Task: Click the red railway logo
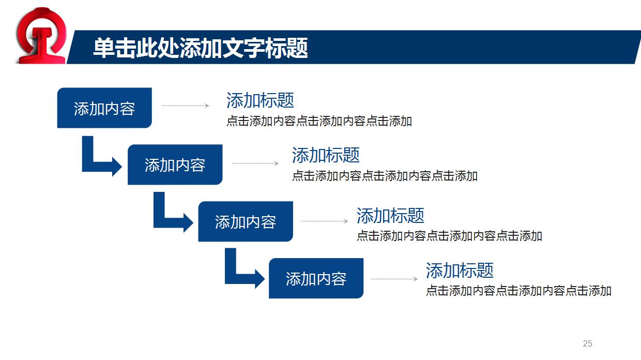pos(42,35)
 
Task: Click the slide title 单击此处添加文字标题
pos(201,48)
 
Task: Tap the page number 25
pos(587,343)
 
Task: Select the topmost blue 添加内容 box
pos(104,108)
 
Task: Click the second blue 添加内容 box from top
pos(175,165)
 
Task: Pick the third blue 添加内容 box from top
pos(246,222)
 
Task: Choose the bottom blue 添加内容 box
pos(316,279)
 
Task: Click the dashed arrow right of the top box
pos(186,106)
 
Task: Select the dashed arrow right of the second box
pos(255,163)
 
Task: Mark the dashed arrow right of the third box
pos(325,221)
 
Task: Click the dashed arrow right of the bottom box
pos(394,279)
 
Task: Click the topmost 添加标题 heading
pos(260,100)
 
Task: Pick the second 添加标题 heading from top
pos(326,155)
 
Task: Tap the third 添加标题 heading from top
pos(390,215)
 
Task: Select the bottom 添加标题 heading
pos(460,270)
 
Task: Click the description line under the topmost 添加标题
pos(319,122)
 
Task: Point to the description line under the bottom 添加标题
pos(518,291)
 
